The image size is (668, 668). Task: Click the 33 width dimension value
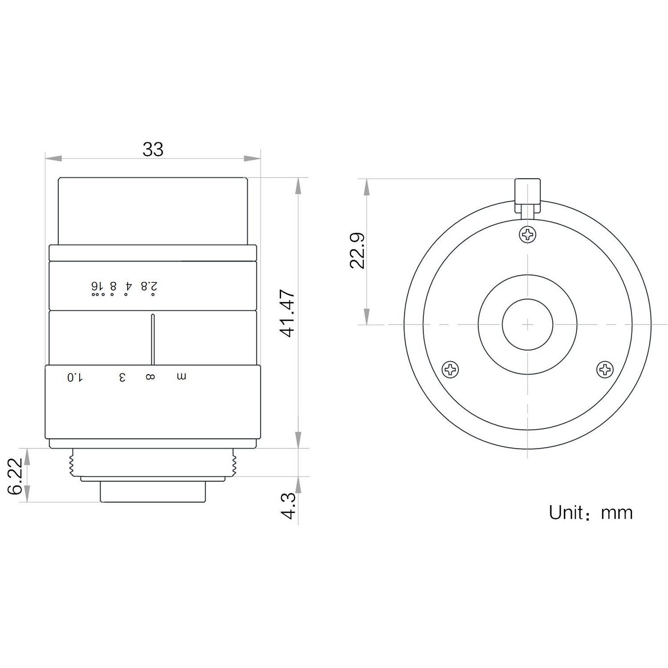153,149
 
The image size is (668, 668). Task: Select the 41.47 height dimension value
288,313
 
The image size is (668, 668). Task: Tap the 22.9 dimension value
357,250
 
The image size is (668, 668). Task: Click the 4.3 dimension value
289,505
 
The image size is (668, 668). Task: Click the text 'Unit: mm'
591,513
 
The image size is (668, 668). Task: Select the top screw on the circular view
528,234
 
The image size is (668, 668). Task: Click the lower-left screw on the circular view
450,370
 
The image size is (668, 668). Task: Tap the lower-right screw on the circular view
605,370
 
